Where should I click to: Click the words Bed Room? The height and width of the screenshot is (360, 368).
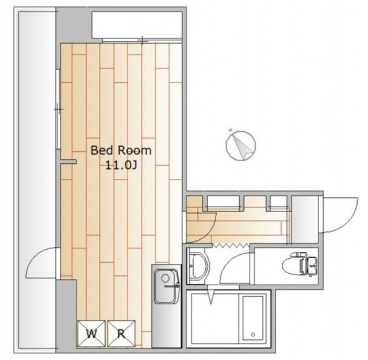coord(121,151)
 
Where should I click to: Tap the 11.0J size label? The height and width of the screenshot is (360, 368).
coord(121,166)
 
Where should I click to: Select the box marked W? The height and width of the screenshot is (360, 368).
coord(91,334)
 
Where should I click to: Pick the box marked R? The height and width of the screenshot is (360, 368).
coord(121,334)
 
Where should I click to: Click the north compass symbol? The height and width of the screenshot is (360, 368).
coord(241,145)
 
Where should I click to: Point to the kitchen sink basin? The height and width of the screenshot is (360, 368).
coord(167,286)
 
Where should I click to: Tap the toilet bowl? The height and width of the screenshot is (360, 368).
coord(291,266)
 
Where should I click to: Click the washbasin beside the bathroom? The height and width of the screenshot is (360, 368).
coord(198,266)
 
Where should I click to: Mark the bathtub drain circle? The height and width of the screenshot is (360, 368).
coord(253,335)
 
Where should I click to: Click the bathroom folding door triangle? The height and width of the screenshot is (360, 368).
coord(211,295)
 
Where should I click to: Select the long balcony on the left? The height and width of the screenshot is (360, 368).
coord(34,180)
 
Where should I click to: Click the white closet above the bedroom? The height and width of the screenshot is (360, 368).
coord(137,25)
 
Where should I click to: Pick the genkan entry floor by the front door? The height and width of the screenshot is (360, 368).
coord(305,220)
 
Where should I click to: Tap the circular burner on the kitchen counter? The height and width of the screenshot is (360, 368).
coord(165,278)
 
